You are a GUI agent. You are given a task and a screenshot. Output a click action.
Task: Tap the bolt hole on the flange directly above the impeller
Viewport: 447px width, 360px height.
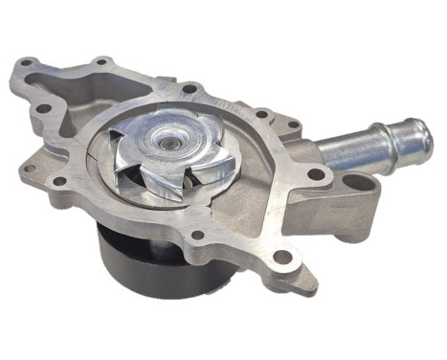(190, 89)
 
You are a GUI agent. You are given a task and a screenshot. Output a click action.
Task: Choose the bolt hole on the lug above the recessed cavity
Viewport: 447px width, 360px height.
(101, 63)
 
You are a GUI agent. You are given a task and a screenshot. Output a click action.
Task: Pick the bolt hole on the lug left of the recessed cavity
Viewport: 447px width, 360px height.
(42, 108)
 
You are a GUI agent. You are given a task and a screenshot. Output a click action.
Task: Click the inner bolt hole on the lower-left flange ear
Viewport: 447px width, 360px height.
(59, 181)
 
